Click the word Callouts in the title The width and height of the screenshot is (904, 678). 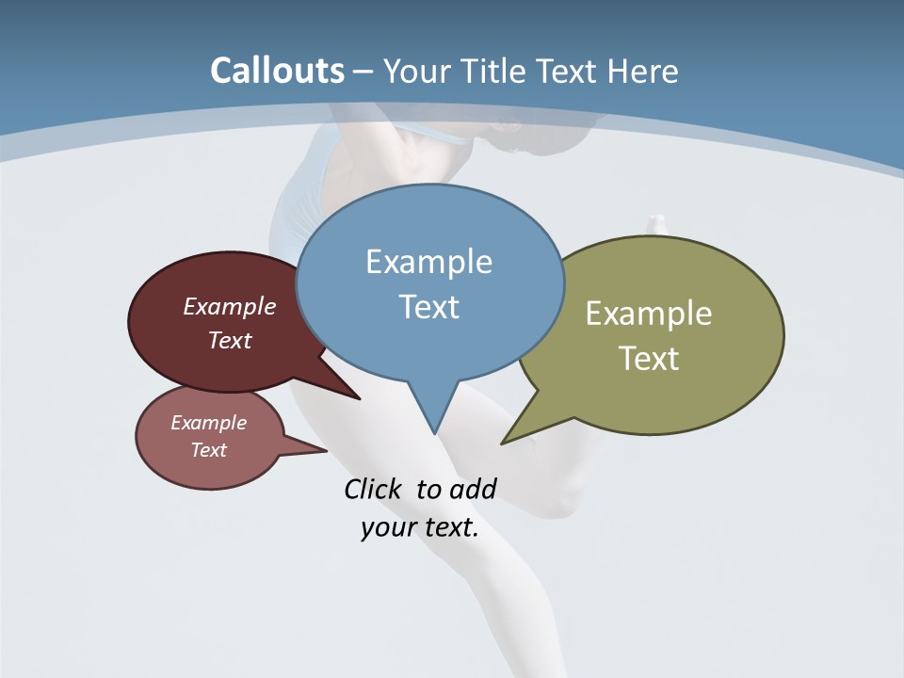(x=277, y=72)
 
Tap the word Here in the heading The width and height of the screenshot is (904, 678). (x=643, y=72)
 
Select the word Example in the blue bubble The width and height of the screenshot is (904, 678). (x=428, y=262)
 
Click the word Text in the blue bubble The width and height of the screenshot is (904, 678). (x=428, y=307)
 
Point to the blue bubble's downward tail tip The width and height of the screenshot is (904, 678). (x=434, y=433)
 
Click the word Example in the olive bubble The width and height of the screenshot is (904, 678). (x=649, y=314)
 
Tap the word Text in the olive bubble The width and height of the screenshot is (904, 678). (x=649, y=359)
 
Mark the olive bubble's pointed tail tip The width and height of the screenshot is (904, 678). (x=502, y=444)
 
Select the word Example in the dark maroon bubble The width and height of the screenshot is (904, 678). (x=229, y=306)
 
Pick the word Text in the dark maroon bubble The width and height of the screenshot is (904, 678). (x=229, y=340)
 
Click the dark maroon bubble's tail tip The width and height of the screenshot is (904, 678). (x=360, y=399)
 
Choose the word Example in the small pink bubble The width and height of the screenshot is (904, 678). (x=208, y=423)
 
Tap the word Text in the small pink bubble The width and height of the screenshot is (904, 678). (x=208, y=450)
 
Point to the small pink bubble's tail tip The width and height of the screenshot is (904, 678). (x=327, y=450)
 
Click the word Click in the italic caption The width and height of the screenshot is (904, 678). (x=372, y=489)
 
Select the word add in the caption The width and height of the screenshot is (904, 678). (x=473, y=489)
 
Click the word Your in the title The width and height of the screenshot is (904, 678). (x=413, y=72)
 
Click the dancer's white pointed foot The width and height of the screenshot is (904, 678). (x=656, y=223)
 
